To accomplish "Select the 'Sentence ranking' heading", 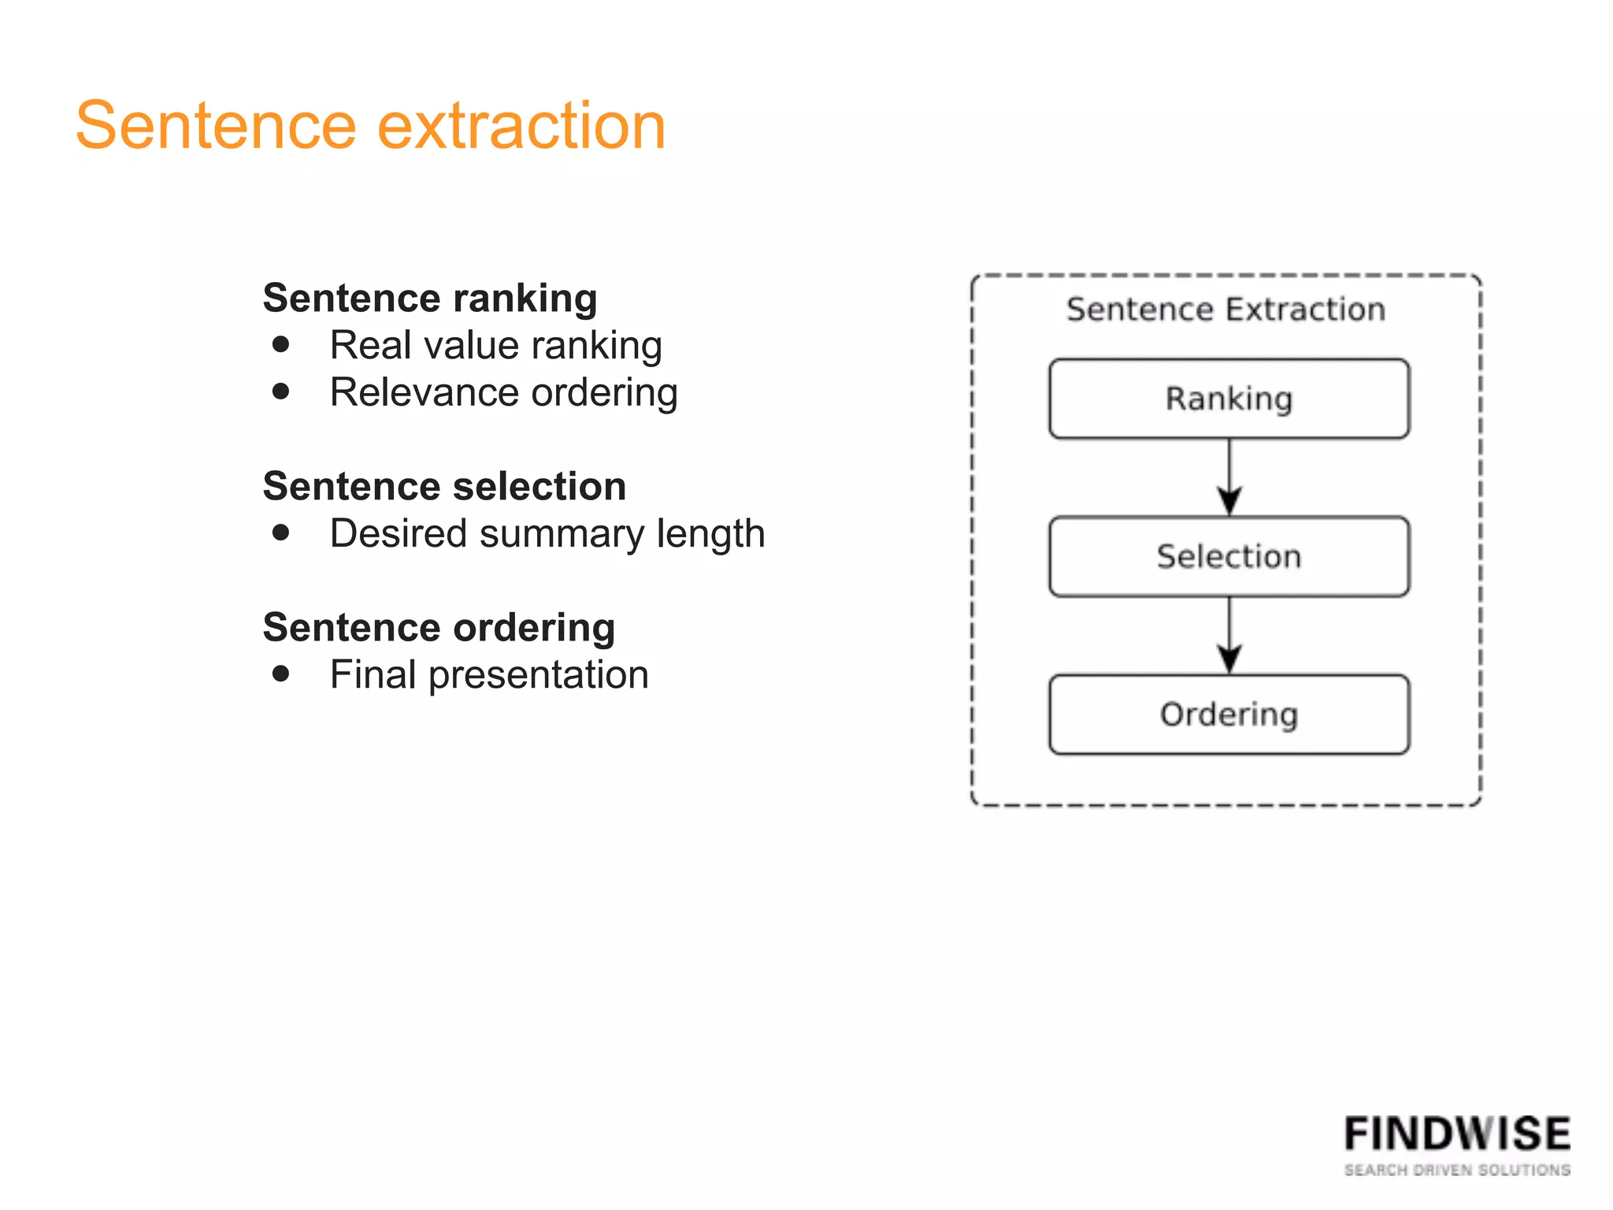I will point(430,299).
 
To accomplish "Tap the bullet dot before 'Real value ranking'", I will point(281,344).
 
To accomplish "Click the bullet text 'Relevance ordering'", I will point(503,392).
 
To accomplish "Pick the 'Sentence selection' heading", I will point(444,486).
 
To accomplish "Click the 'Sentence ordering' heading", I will point(439,628).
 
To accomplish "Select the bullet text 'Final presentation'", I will point(489,675).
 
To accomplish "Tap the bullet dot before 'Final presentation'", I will point(281,674).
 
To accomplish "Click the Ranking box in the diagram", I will point(1229,399).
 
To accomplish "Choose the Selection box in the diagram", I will point(1229,556).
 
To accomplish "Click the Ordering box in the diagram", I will point(1229,714).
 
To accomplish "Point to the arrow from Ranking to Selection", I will point(1229,477).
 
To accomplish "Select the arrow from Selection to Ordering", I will point(1229,635).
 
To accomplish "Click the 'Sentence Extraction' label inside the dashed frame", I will point(1226,310).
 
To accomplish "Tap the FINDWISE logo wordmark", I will point(1457,1134).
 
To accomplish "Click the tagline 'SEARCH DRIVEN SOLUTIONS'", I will point(1457,1170).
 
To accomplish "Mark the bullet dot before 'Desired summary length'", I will point(281,533).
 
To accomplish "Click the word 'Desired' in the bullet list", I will point(399,534).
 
